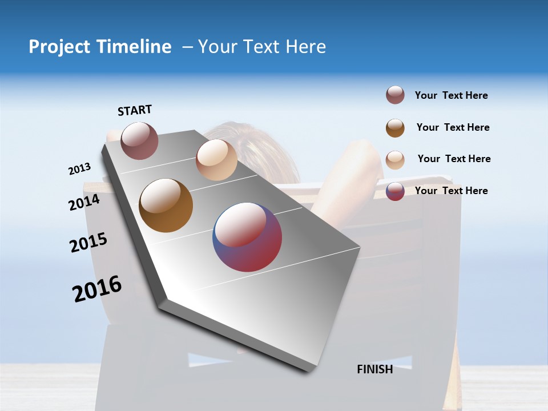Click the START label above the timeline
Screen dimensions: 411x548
pos(135,110)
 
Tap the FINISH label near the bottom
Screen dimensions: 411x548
pos(374,369)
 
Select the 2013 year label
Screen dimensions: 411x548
pos(79,169)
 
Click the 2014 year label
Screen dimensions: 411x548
pos(84,202)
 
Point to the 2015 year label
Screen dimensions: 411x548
pos(88,243)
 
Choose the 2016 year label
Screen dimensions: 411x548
pos(97,289)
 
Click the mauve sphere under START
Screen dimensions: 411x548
pos(139,141)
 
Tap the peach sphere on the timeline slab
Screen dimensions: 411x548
pos(216,160)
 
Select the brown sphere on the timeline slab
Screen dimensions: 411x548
pos(166,205)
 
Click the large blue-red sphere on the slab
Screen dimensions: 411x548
pos(247,237)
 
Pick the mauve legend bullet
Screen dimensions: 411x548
pos(395,95)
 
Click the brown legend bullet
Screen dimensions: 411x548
pos(395,128)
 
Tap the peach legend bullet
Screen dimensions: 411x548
pos(395,160)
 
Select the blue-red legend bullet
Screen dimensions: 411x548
pos(395,191)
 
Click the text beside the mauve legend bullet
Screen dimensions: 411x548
pos(451,95)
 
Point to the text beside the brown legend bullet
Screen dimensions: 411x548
pos(453,127)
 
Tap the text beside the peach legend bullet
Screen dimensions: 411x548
pos(454,159)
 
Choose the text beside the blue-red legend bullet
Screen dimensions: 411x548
pos(451,191)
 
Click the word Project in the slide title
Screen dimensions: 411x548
pos(60,47)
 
